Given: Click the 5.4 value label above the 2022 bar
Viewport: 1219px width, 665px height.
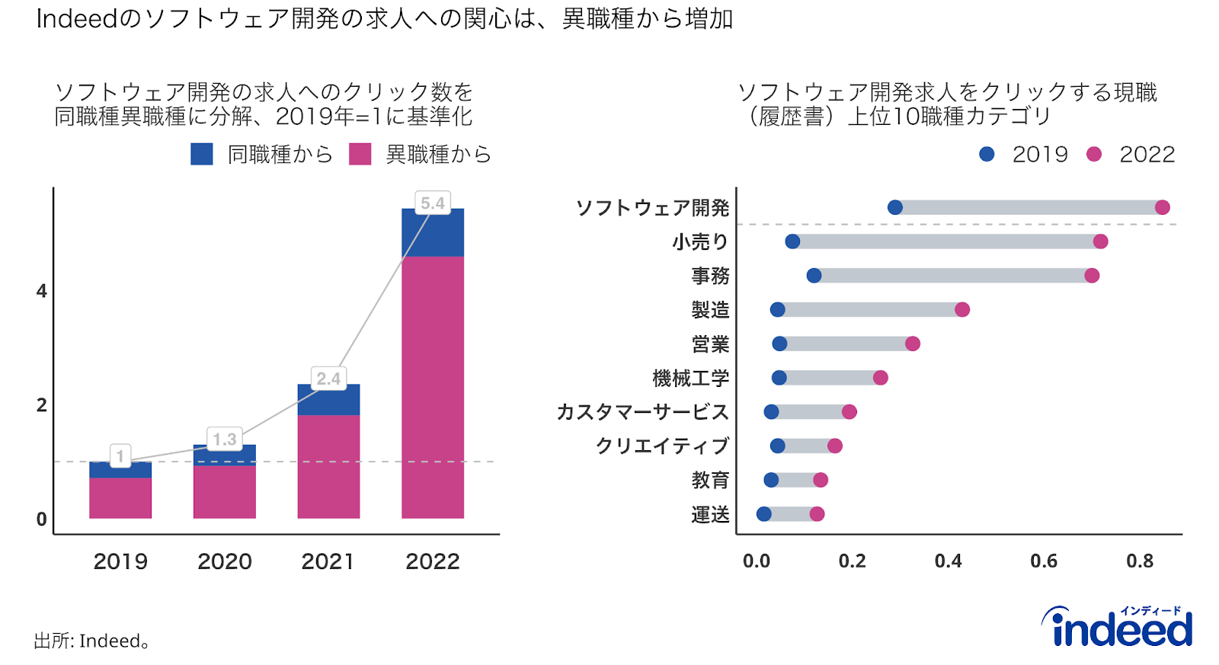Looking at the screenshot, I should [x=432, y=203].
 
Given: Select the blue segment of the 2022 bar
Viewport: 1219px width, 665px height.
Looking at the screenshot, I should [x=432, y=232].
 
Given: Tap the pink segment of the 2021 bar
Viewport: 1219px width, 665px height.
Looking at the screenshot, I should [x=328, y=466].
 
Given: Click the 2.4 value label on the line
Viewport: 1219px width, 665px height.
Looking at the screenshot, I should [x=328, y=379].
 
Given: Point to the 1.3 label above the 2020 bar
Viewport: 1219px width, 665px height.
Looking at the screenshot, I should [x=224, y=440].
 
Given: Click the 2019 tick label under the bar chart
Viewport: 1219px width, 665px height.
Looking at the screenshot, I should [x=120, y=562].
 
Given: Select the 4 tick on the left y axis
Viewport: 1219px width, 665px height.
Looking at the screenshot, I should [x=42, y=291].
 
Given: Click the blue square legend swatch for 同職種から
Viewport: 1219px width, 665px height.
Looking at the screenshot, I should [x=202, y=154].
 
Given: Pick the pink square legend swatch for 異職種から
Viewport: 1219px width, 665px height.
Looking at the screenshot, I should [x=360, y=154].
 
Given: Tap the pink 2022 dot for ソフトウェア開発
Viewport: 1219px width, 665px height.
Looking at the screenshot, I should [x=1162, y=207].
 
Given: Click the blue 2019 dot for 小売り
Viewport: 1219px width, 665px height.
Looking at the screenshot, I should [x=792, y=241].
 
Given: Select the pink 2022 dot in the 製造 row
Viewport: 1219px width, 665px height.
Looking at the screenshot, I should [x=962, y=309].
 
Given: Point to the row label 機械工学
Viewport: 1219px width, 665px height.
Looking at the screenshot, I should [x=690, y=378].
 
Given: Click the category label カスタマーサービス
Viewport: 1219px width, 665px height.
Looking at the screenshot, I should [x=642, y=412].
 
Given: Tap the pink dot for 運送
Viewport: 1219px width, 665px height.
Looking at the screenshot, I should [x=817, y=514].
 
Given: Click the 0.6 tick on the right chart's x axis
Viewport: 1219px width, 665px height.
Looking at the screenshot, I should [x=1043, y=561].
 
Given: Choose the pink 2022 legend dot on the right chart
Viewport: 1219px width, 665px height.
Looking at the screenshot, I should [x=1094, y=154].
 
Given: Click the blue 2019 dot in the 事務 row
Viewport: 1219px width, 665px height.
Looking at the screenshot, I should [x=814, y=276].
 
